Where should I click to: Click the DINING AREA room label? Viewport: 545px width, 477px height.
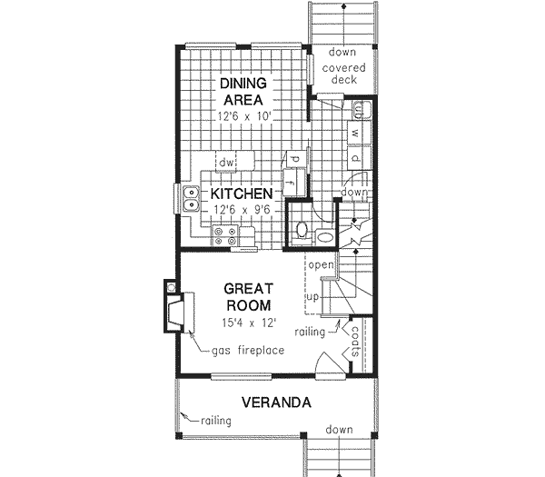(x=241, y=92)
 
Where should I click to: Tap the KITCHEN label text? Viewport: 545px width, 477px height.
(x=242, y=194)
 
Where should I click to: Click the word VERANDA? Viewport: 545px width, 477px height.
(x=277, y=402)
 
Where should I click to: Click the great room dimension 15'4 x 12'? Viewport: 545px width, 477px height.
(x=246, y=322)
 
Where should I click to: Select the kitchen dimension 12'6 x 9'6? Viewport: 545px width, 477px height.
(x=242, y=210)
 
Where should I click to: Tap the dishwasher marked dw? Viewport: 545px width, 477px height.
(x=226, y=163)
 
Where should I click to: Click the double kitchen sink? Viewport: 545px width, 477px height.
(x=190, y=199)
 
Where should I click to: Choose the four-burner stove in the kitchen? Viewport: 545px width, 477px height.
(x=224, y=237)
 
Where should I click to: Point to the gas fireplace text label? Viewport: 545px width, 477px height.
(x=248, y=351)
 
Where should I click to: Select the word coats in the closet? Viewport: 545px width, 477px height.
(x=355, y=343)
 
